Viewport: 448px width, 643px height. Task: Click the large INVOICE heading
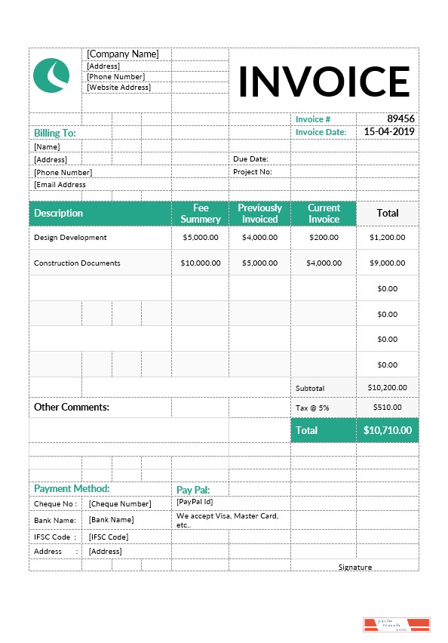pyautogui.click(x=324, y=82)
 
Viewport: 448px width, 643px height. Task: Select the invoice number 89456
pyautogui.click(x=400, y=119)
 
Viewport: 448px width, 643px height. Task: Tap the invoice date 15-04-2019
pyautogui.click(x=389, y=132)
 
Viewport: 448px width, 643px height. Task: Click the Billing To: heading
pyautogui.click(x=55, y=133)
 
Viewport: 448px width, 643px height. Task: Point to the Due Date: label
pyautogui.click(x=250, y=159)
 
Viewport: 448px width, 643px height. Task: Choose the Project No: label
pyautogui.click(x=251, y=172)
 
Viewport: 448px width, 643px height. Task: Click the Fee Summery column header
pyautogui.click(x=201, y=214)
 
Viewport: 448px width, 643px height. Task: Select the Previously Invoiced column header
pyautogui.click(x=259, y=214)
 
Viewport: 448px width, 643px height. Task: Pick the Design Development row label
pyautogui.click(x=70, y=238)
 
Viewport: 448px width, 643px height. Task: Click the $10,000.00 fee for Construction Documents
pyautogui.click(x=201, y=263)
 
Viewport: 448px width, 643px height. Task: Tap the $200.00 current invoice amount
pyautogui.click(x=324, y=238)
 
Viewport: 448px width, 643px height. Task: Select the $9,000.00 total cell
pyautogui.click(x=387, y=263)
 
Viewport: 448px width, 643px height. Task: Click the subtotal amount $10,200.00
pyautogui.click(x=387, y=388)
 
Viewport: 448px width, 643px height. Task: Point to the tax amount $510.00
pyautogui.click(x=387, y=408)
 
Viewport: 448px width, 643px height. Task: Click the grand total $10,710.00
pyautogui.click(x=387, y=430)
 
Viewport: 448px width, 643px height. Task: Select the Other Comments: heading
pyautogui.click(x=72, y=408)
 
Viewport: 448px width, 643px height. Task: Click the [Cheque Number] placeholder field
pyautogui.click(x=119, y=504)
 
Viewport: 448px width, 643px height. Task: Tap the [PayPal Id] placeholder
pyautogui.click(x=195, y=501)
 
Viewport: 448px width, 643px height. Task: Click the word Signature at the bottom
pyautogui.click(x=354, y=568)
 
